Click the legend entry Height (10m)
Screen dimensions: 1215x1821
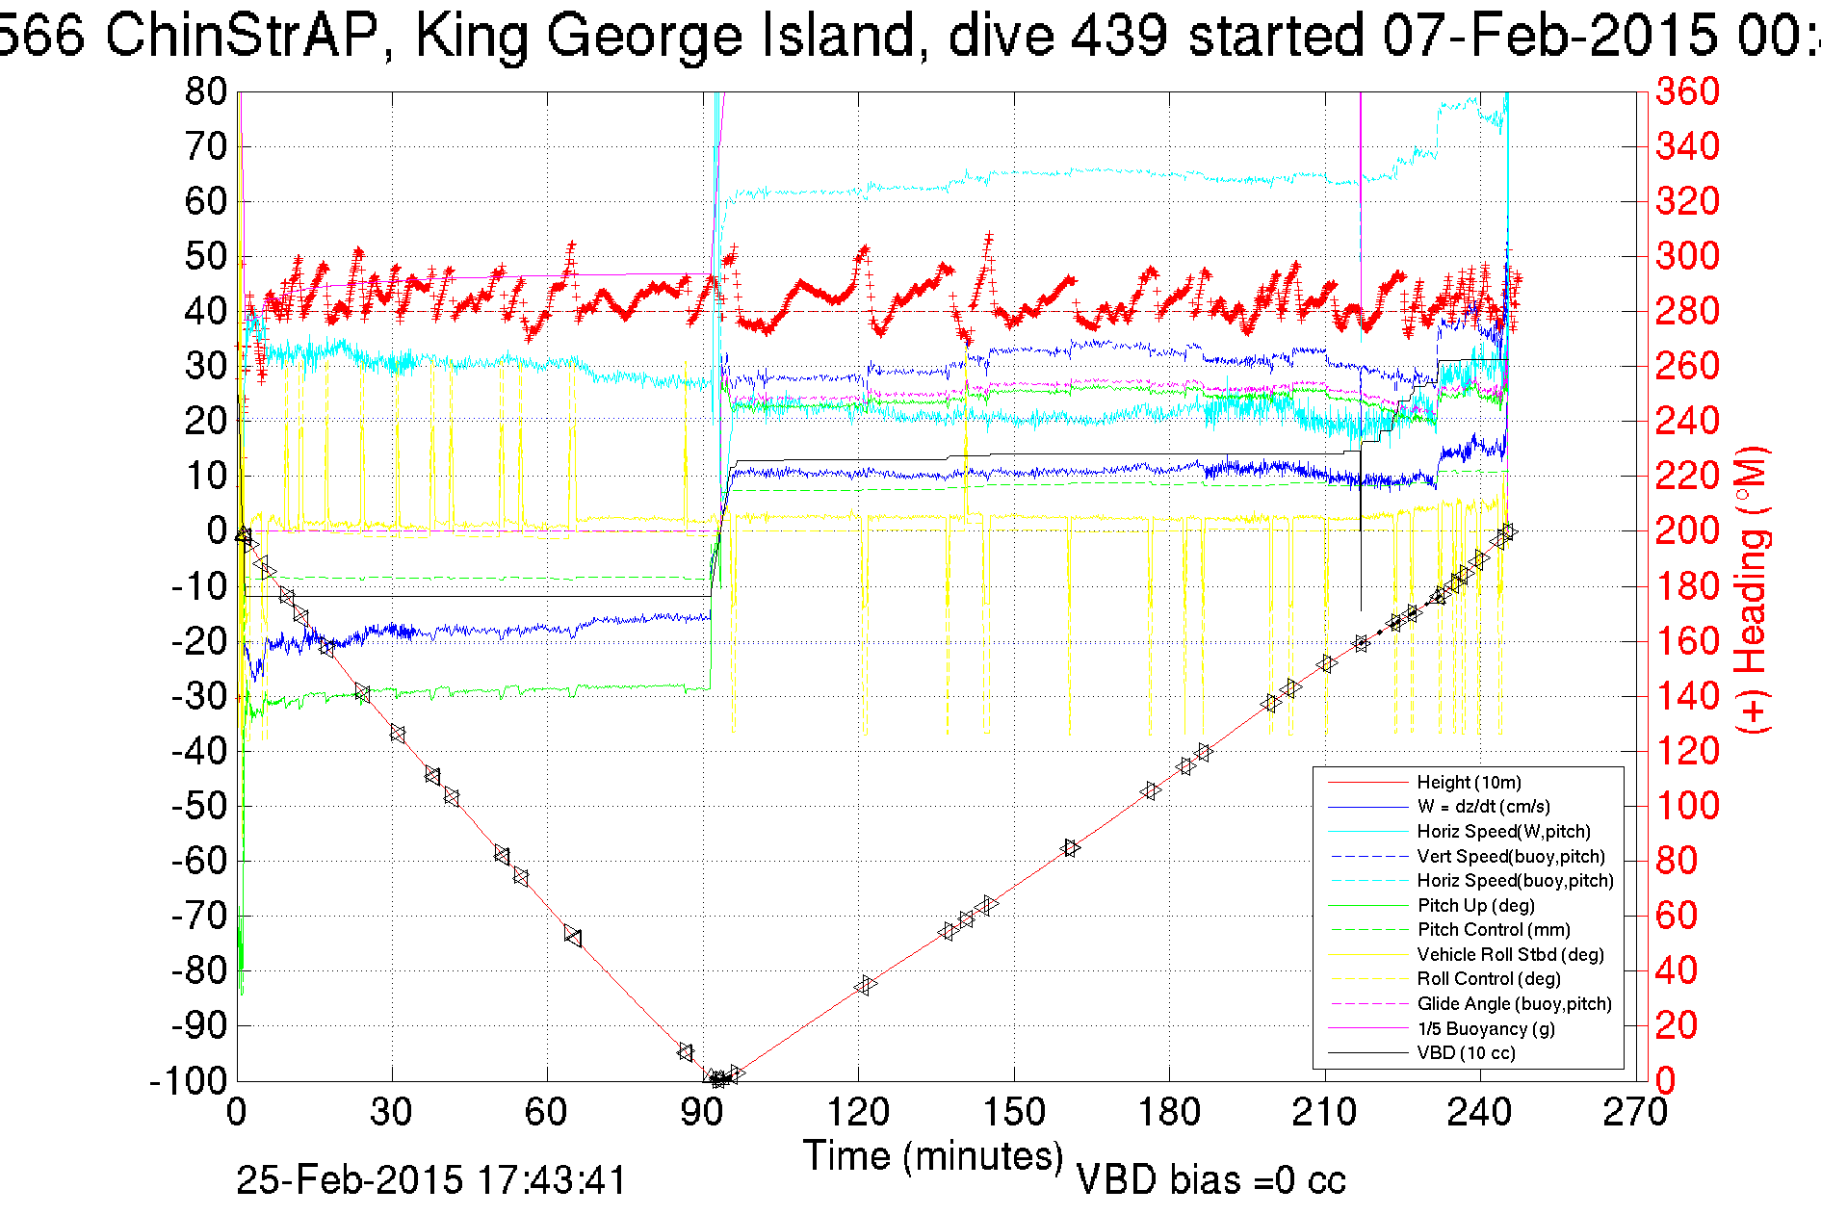click(1469, 783)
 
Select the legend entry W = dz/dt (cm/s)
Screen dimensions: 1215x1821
click(1483, 807)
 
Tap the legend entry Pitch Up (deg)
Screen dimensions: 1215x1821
click(1475, 905)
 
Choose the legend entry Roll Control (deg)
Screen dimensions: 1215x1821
click(1488, 979)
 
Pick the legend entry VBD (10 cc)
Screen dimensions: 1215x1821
click(1466, 1052)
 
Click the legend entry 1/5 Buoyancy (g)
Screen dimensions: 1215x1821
click(1485, 1028)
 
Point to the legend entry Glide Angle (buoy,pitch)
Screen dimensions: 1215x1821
click(1514, 1003)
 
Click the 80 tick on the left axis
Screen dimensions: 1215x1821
click(205, 92)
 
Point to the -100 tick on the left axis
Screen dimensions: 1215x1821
click(188, 1081)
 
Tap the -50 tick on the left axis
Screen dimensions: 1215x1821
click(199, 806)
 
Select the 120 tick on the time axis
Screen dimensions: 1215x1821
click(858, 1113)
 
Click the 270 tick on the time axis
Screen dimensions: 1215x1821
click(1635, 1113)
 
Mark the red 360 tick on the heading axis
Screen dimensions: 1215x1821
click(1687, 92)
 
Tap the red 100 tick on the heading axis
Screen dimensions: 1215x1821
click(1687, 806)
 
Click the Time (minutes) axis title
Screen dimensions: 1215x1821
click(933, 1155)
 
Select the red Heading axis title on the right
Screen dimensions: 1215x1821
click(1753, 589)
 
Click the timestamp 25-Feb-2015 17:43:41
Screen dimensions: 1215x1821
click(431, 1180)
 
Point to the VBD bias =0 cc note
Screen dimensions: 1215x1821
click(1210, 1180)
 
